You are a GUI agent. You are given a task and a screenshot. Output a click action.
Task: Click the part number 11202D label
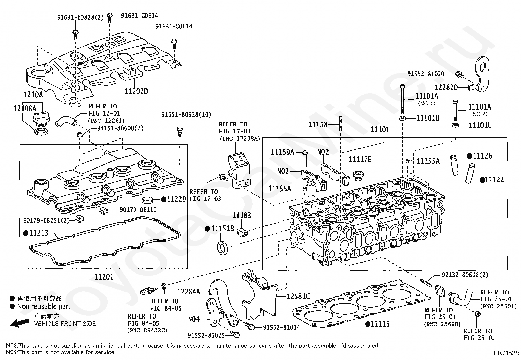click(x=136, y=91)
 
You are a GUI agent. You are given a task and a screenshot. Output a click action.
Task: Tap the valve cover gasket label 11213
click(x=39, y=233)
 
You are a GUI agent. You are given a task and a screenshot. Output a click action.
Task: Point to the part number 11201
click(x=104, y=277)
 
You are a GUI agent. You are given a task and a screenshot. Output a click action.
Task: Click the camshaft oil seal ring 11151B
click(x=223, y=248)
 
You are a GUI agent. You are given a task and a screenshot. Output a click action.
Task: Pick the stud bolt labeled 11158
click(x=340, y=123)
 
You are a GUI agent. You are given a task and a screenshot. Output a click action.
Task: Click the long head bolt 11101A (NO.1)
click(x=403, y=100)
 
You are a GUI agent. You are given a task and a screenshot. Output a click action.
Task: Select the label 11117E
click(x=360, y=159)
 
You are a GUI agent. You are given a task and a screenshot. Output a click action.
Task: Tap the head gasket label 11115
click(x=380, y=324)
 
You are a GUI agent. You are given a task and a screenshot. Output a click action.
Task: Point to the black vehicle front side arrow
click(x=20, y=323)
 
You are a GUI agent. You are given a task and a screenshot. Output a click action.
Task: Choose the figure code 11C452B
click(x=506, y=353)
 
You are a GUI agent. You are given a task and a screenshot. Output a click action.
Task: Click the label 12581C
click(x=298, y=296)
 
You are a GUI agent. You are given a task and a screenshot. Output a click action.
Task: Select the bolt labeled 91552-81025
click(x=235, y=335)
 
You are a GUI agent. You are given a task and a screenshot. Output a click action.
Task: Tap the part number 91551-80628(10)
click(x=186, y=115)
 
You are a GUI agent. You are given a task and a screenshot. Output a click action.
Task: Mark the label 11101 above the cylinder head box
click(x=380, y=129)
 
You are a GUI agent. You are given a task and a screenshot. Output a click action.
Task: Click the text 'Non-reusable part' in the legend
click(x=44, y=307)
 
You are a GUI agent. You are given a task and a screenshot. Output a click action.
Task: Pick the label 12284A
click(x=189, y=292)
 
